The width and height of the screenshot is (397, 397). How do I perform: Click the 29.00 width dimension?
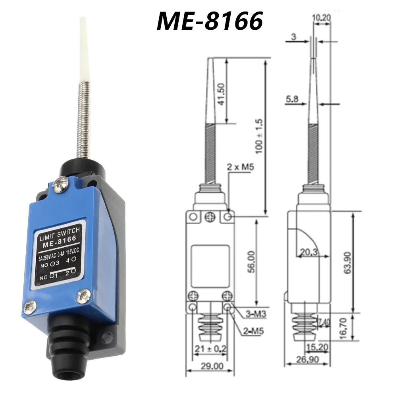tap(212, 366)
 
